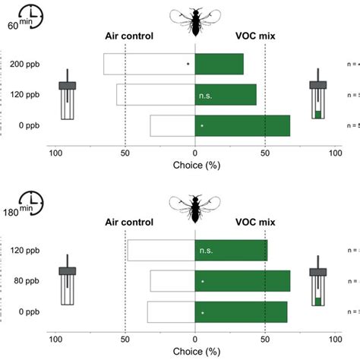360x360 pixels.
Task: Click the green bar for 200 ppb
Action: [x=219, y=64]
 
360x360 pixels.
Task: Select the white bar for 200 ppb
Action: [x=149, y=64]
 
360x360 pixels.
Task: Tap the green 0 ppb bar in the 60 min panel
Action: [x=243, y=125]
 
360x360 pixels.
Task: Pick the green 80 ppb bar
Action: [x=243, y=281]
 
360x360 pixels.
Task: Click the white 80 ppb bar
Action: [x=172, y=281]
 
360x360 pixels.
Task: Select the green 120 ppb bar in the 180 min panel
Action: [x=232, y=250]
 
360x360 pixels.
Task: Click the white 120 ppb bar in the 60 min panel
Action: [x=156, y=94]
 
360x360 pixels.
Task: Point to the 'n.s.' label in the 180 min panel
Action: [x=205, y=251]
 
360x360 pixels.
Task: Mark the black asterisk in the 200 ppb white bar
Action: [x=188, y=65]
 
